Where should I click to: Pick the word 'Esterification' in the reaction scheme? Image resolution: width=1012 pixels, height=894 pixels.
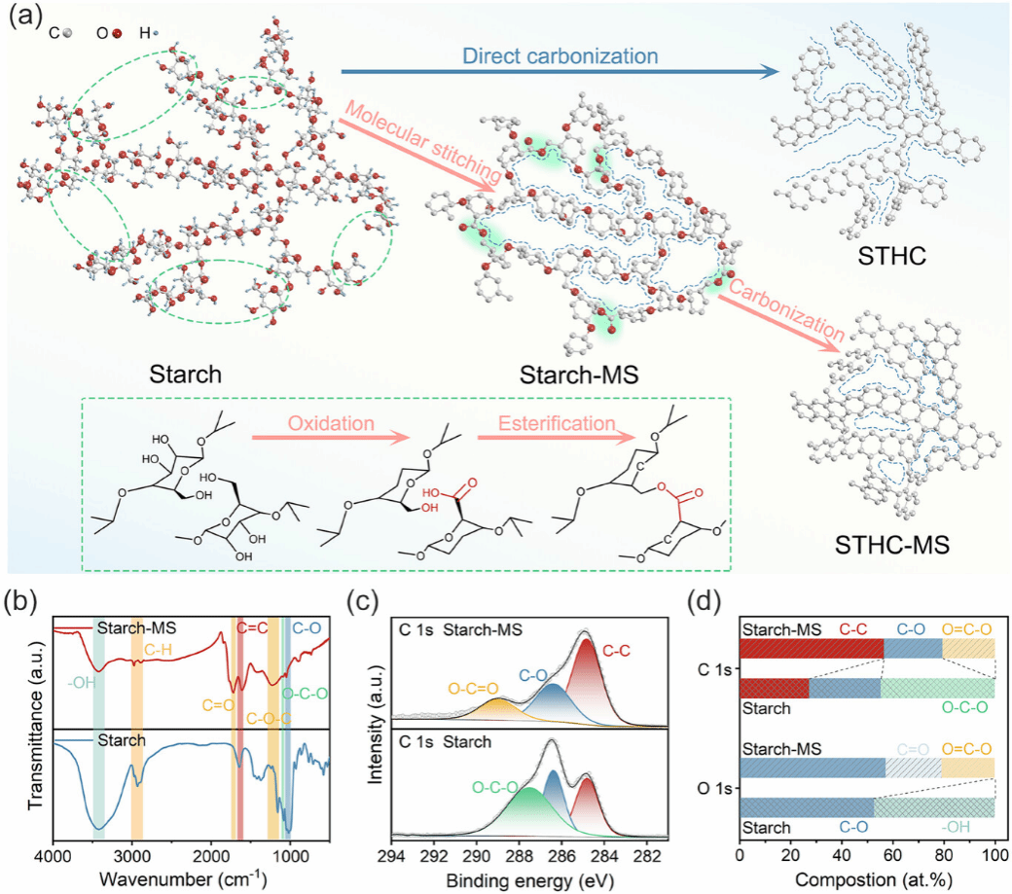558,424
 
